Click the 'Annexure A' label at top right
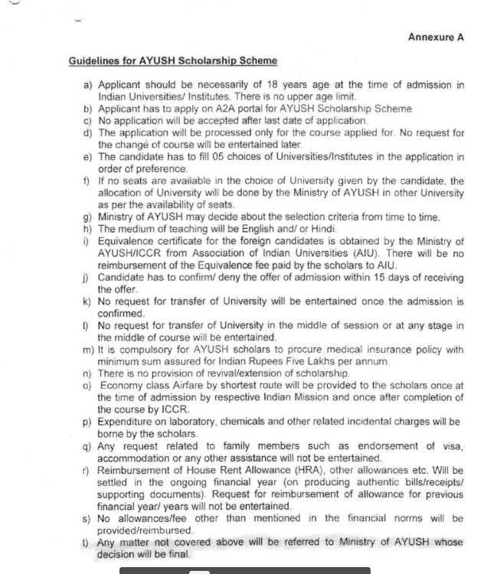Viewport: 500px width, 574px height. [x=436, y=38]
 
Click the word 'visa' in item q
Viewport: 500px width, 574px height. [x=452, y=445]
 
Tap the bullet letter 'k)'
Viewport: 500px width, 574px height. [x=87, y=302]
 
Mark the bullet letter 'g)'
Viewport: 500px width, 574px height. [x=87, y=217]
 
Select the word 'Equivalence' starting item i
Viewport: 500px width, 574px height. [x=129, y=240]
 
